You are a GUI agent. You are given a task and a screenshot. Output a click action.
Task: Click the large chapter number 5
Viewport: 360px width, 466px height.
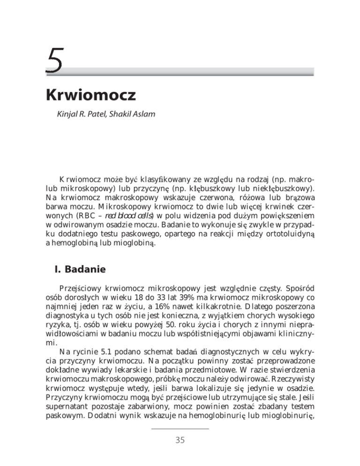pos(53,60)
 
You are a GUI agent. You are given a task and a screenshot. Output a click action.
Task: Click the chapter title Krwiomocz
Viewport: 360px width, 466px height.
pos(90,96)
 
